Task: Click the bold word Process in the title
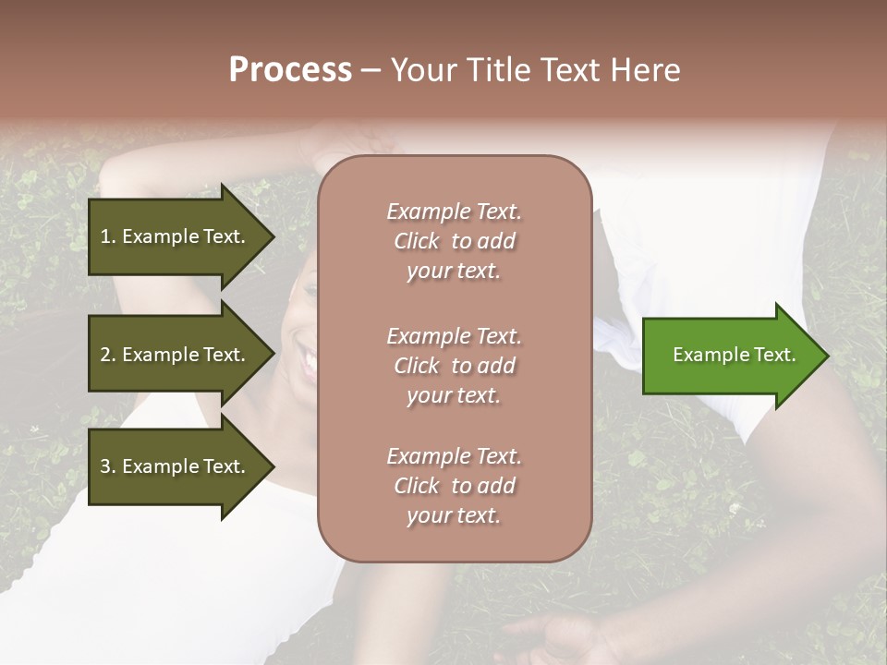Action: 290,70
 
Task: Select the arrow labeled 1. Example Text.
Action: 176,236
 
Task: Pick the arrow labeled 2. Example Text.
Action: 176,355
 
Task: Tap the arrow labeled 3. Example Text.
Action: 176,466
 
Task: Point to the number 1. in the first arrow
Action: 108,236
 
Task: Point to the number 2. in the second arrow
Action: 108,355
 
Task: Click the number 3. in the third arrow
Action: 108,466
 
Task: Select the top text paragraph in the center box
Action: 454,241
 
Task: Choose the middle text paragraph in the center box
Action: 454,365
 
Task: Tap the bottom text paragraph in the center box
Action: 454,486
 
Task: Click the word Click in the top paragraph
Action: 417,241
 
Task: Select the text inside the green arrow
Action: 734,355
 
